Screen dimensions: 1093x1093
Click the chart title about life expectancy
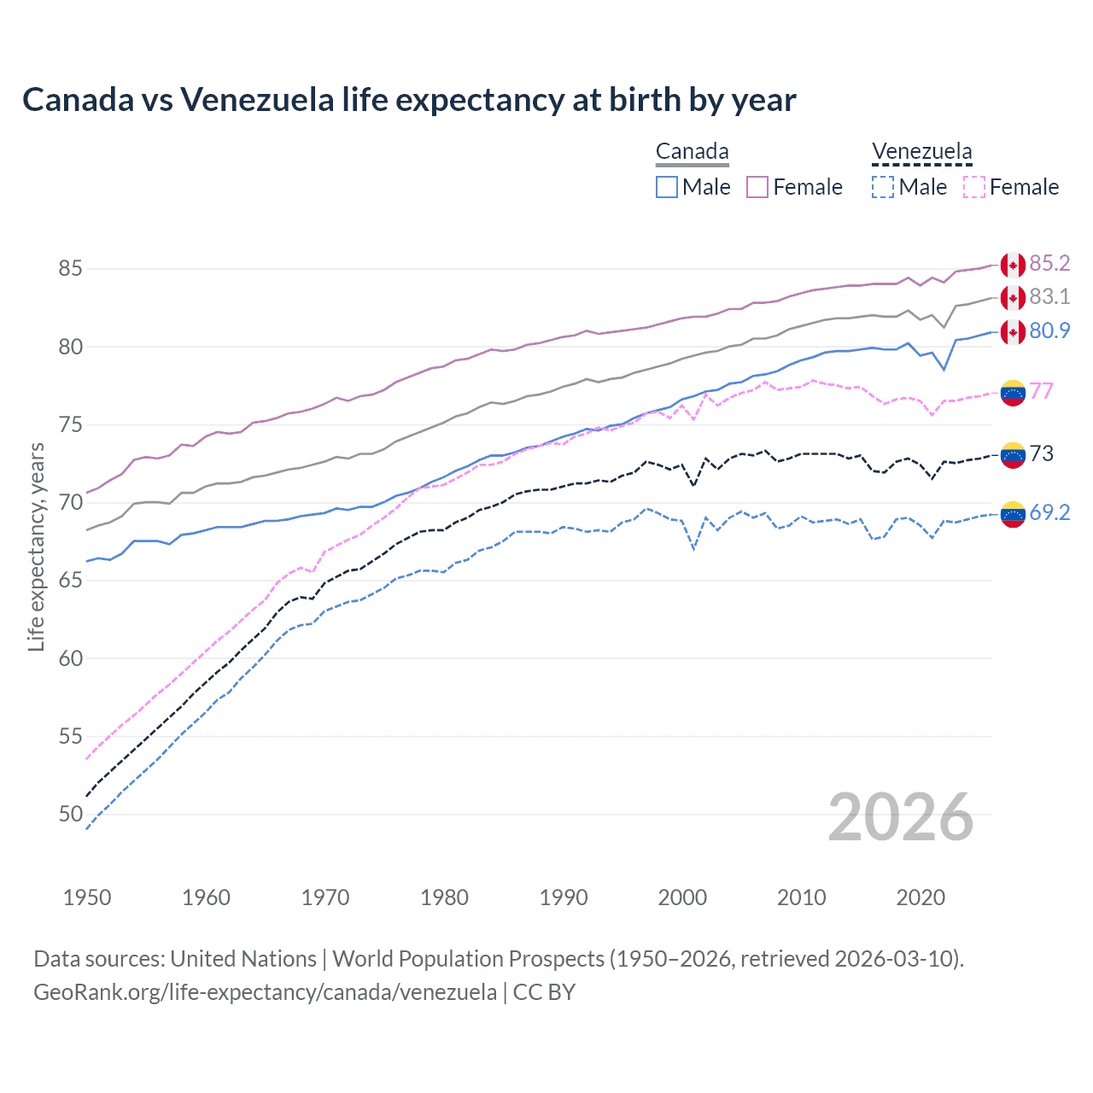coord(409,100)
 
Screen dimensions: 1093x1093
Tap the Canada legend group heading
coord(692,152)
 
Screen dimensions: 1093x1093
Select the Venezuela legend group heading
coord(921,152)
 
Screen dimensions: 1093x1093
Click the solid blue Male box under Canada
coord(667,187)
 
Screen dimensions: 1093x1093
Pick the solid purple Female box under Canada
coord(757,187)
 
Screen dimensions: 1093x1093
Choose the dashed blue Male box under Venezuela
coord(883,187)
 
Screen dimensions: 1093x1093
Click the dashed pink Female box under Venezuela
coord(973,187)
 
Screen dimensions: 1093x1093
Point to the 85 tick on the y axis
coord(70,269)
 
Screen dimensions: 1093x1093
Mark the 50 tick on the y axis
coord(70,815)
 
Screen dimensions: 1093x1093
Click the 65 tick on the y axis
coord(70,581)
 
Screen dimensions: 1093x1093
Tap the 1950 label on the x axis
coord(87,897)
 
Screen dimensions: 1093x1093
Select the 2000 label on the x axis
coord(682,897)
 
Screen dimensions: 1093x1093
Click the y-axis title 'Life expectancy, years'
coord(36,546)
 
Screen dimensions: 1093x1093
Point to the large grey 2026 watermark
coord(900,817)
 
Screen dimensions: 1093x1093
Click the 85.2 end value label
coord(1049,264)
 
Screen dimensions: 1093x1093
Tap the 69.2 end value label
coord(1049,512)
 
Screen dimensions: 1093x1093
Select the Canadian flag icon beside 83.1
coord(1013,298)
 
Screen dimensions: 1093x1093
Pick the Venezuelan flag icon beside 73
coord(1013,454)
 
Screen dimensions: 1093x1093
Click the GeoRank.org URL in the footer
coord(265,992)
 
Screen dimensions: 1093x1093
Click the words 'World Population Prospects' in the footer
coord(468,959)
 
